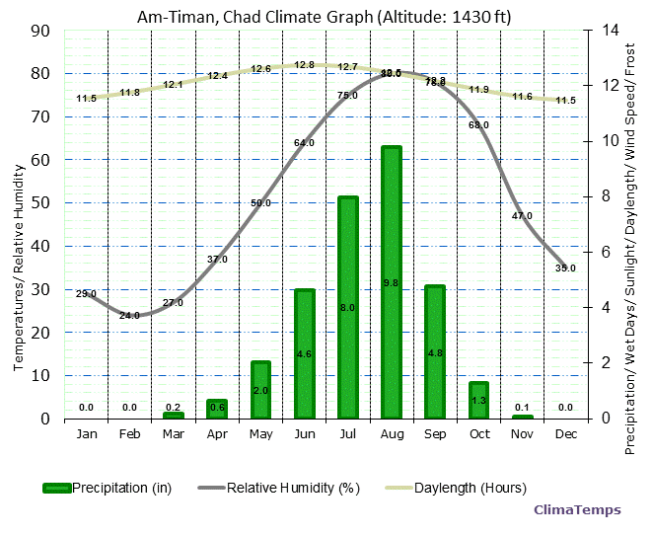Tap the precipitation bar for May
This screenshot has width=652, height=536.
[x=260, y=390]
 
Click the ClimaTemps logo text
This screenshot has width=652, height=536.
[x=577, y=510]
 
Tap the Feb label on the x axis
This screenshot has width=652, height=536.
[x=130, y=434]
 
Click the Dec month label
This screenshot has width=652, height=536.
[x=565, y=434]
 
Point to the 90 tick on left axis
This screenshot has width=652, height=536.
[x=41, y=31]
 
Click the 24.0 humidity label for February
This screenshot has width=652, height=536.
[x=130, y=316]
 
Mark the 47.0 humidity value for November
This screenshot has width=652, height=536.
[x=522, y=216]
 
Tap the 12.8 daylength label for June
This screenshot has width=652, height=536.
[x=305, y=65]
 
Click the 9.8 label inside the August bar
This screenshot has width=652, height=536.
[x=392, y=283]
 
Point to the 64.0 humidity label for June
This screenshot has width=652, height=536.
[x=305, y=143]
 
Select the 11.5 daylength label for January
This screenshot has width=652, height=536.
[x=87, y=99]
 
